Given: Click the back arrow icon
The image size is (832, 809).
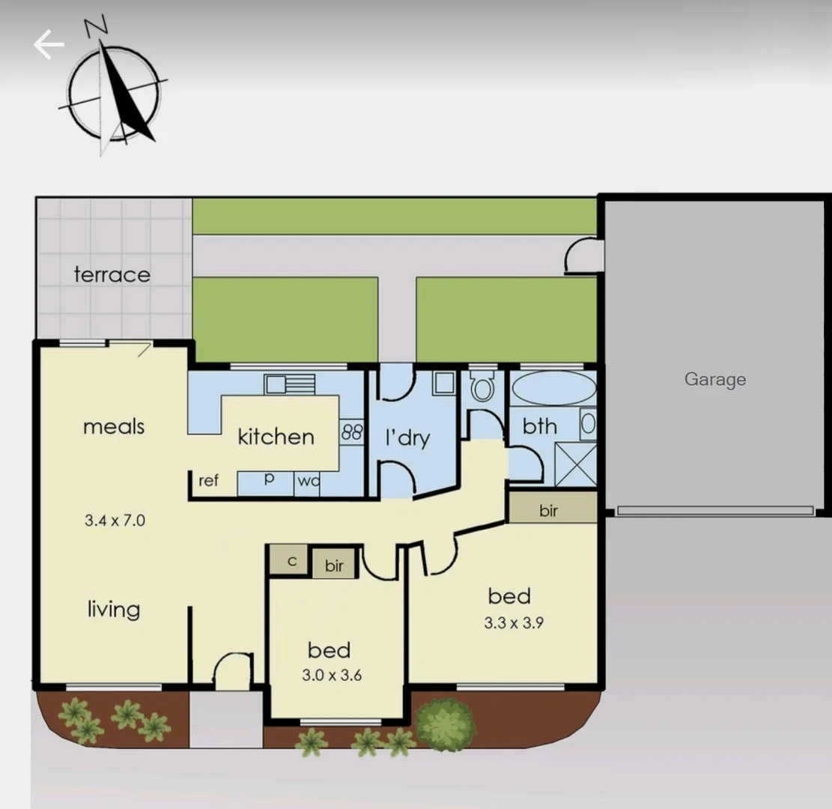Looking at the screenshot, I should click(x=49, y=45).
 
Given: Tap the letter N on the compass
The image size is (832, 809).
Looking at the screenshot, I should click(x=96, y=27).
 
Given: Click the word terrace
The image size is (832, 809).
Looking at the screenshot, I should click(x=112, y=275).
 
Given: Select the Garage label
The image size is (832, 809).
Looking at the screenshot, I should click(x=715, y=379).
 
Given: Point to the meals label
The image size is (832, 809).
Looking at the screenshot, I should click(x=114, y=427).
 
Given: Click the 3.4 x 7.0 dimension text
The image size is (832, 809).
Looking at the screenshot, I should click(x=114, y=520).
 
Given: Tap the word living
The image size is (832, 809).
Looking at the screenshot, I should click(x=113, y=609).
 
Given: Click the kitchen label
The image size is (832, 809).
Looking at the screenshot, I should click(x=276, y=437).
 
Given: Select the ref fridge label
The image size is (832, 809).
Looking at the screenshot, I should click(x=209, y=481).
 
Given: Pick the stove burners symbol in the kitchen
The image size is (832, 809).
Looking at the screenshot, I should click(x=352, y=432).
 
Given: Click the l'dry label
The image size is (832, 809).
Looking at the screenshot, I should click(x=407, y=437).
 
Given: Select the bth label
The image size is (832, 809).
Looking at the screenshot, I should click(x=540, y=426).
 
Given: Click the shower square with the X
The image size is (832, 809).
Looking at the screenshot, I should click(x=576, y=464).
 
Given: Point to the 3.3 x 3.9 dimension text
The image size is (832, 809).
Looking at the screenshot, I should click(x=513, y=622).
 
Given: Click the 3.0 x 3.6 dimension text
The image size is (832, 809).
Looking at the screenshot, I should click(x=332, y=675).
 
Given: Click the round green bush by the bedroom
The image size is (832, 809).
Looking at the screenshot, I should click(x=446, y=724).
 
